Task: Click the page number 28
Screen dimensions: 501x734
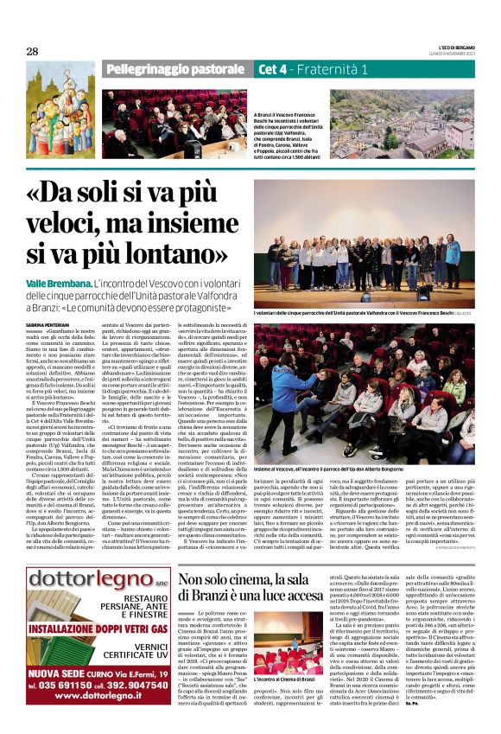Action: (x=32, y=51)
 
